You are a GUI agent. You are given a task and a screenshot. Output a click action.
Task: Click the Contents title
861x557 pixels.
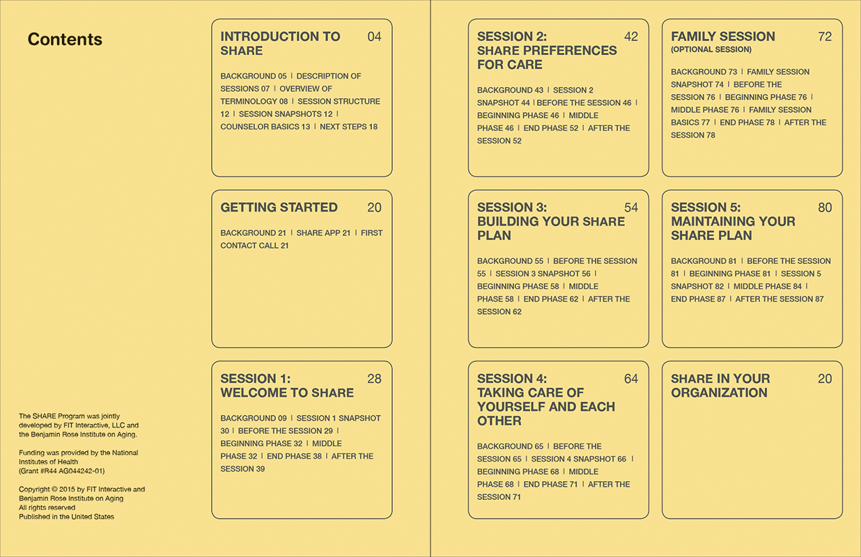coord(65,40)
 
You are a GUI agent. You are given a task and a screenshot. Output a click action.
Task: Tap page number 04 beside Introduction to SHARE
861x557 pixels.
coord(374,37)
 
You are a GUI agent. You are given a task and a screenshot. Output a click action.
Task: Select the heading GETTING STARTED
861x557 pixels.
coord(279,207)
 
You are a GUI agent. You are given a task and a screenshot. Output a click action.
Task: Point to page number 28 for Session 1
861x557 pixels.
coord(374,379)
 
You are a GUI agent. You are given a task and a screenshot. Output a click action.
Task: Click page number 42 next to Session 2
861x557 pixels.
coord(630,37)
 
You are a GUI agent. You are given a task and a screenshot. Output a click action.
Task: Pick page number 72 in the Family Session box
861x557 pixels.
coord(825,37)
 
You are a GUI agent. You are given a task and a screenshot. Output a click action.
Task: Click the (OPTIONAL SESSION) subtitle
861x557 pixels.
coord(711,50)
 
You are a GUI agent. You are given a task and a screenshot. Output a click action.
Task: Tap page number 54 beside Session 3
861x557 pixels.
coord(630,207)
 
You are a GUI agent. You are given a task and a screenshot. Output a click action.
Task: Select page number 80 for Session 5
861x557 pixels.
coord(825,207)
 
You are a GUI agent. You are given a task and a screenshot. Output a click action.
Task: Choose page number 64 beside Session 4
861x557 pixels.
coord(630,379)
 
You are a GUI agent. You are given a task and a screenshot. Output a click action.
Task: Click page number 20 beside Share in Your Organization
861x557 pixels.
coord(825,379)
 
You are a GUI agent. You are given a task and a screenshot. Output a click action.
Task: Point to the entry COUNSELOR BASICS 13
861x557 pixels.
coord(265,127)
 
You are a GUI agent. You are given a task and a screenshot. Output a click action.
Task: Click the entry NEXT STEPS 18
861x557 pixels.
coord(348,127)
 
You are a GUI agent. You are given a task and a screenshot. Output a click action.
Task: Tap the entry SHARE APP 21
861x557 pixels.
coord(323,233)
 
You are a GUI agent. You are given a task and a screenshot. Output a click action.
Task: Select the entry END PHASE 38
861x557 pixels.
coord(294,457)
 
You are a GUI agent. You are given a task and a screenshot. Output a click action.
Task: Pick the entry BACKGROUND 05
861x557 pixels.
coord(253,77)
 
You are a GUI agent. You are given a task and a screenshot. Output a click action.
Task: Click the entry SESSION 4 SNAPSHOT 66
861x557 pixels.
coord(578,460)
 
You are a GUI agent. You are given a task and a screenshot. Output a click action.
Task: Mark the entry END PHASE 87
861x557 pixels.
coord(698,299)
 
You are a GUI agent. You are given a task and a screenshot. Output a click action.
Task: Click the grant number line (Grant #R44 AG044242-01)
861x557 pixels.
coord(62,471)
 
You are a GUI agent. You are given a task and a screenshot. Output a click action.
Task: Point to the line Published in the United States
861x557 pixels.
coord(66,517)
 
